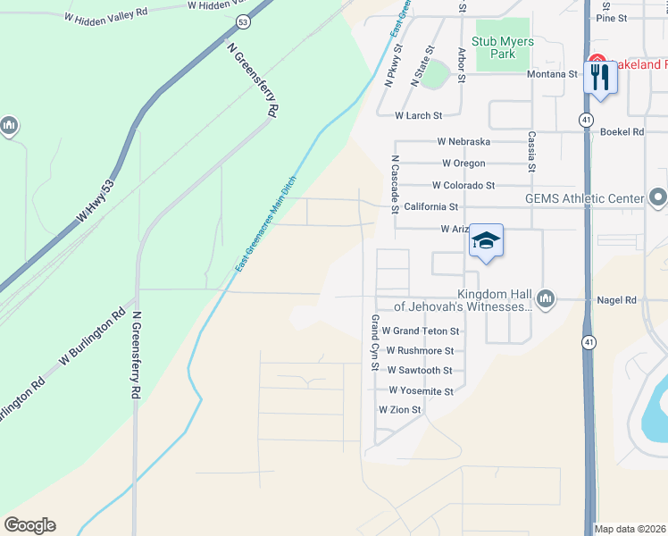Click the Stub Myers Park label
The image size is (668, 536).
coord(503,47)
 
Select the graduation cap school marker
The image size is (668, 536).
coord(486,240)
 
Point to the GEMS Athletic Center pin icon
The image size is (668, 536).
coord(658,197)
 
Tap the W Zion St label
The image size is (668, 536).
coord(399,410)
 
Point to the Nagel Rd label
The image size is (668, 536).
coord(617,301)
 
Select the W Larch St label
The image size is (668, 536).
coord(419,115)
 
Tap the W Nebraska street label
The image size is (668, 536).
coord(463,142)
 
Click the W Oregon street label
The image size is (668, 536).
coord(463,163)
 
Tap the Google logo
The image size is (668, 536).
coord(29,525)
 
